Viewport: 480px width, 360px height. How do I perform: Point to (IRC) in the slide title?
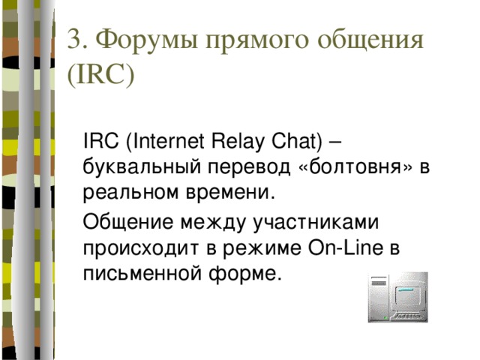point(100,76)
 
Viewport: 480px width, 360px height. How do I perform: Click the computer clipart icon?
point(397,297)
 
